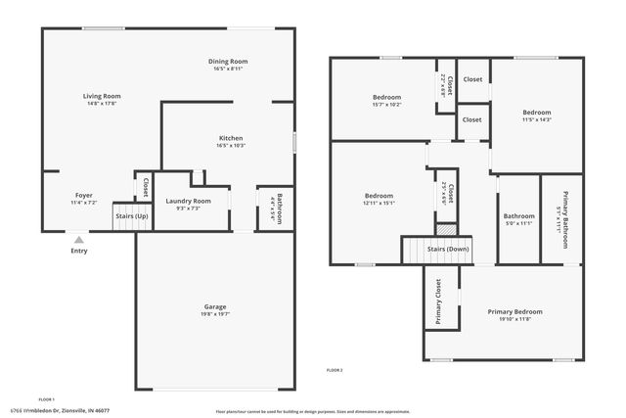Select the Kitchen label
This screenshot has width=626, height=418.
(x=231, y=138)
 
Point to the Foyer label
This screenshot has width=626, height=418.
(x=84, y=195)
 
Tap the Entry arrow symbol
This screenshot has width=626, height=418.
(x=79, y=237)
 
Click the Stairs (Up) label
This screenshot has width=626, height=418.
(x=132, y=215)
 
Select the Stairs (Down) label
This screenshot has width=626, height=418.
(x=448, y=250)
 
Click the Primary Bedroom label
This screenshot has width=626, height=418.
(x=515, y=311)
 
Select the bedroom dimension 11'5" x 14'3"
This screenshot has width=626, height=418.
(x=536, y=119)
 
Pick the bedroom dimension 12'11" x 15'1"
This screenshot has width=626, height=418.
(x=379, y=204)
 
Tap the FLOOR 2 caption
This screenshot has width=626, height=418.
(x=335, y=370)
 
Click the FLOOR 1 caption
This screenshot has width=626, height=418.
(x=46, y=399)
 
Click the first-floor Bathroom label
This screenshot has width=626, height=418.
(x=279, y=209)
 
